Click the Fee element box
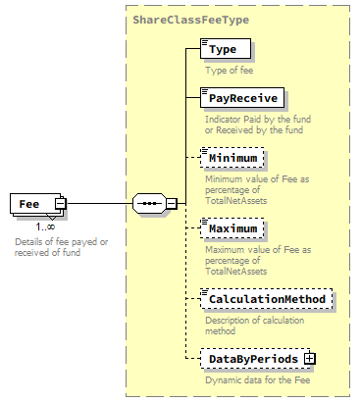point(32,204)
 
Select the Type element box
point(225,48)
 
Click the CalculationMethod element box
point(266,298)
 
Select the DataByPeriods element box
point(252,359)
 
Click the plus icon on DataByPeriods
point(310,359)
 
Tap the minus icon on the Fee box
point(60,204)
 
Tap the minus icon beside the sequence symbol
point(172,204)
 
